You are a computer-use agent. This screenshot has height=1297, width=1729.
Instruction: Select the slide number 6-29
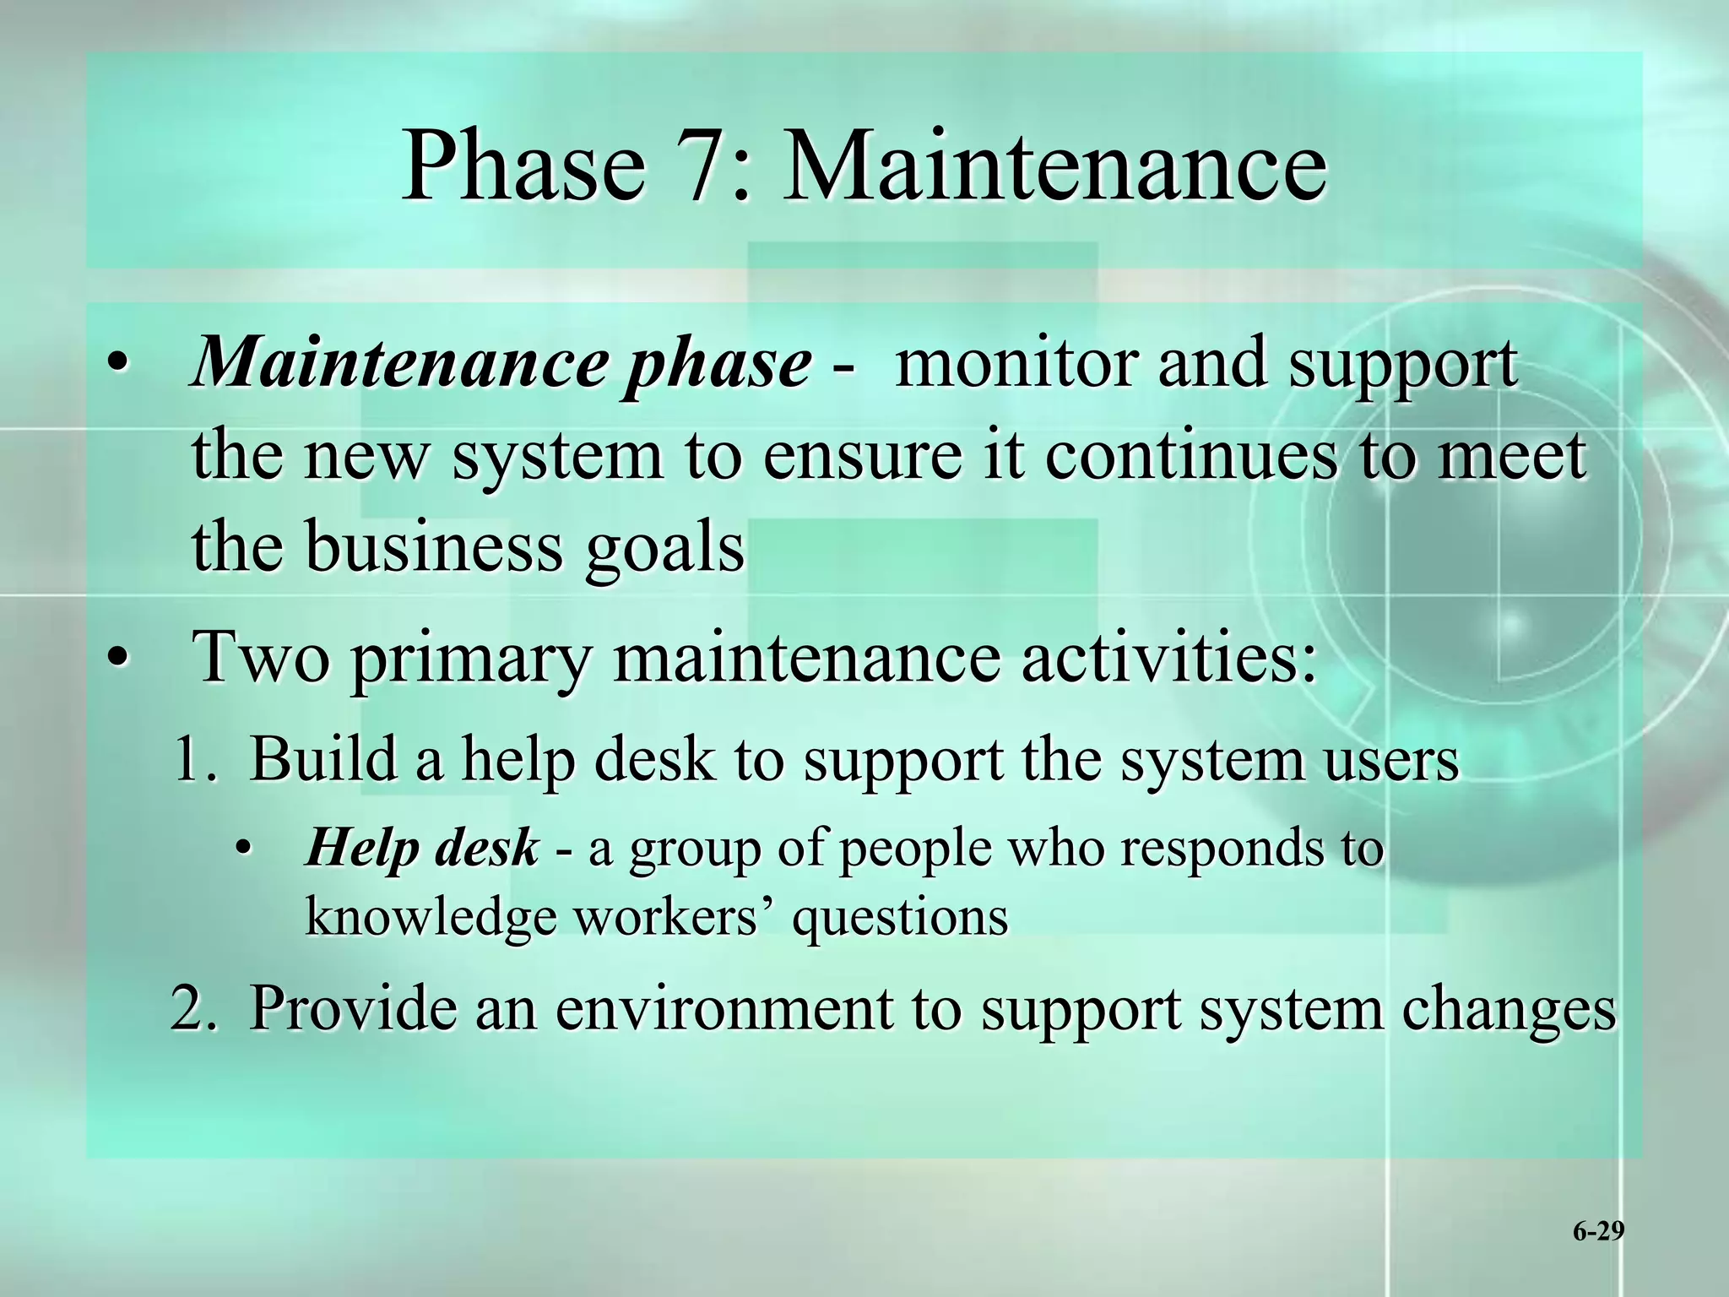(1597, 1232)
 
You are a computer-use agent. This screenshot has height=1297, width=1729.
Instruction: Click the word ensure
(861, 456)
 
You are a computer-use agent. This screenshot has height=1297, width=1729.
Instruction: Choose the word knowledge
(431, 917)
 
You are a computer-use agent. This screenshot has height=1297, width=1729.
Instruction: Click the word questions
(900, 917)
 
